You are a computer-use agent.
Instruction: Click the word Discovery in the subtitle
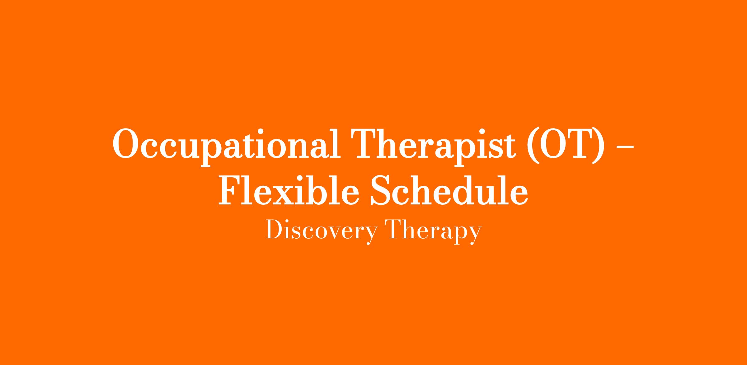pos(322,231)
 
